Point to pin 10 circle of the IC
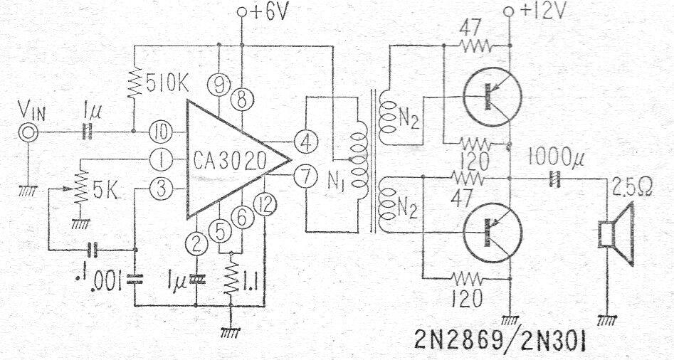click(x=160, y=132)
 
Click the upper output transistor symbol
click(x=490, y=96)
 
